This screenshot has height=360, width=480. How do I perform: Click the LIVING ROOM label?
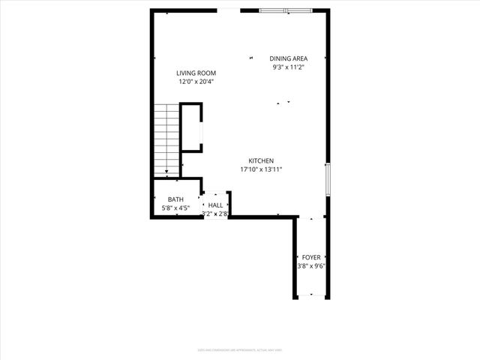[x=196, y=73]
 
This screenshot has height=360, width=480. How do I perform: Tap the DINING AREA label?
[x=289, y=58]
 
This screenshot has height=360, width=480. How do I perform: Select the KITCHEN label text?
[x=261, y=160]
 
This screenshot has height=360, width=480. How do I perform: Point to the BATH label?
[x=175, y=199]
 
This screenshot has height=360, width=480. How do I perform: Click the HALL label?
[x=215, y=205]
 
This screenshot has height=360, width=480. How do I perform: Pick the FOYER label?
[x=311, y=257]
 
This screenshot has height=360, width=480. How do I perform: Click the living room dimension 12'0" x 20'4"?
[x=196, y=82]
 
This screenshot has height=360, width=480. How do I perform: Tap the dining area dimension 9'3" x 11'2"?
[x=289, y=67]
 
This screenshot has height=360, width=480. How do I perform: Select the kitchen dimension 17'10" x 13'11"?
[x=261, y=169]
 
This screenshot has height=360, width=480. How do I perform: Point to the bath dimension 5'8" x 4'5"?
[x=175, y=208]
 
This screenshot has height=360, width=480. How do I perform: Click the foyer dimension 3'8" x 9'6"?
[x=311, y=265]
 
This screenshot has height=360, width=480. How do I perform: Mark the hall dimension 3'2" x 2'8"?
[x=215, y=214]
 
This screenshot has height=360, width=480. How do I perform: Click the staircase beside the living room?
[x=166, y=137]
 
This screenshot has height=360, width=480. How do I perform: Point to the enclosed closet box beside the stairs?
[x=190, y=128]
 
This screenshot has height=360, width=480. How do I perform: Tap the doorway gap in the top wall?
[x=229, y=10]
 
